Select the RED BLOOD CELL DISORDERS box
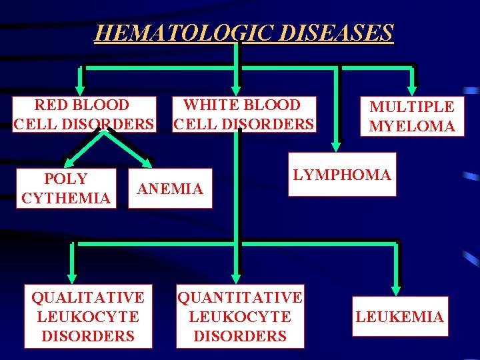(84, 114)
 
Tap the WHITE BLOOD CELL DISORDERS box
(243, 114)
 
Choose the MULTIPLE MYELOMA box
(412, 117)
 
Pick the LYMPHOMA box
(341, 175)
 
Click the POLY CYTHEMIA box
(65, 189)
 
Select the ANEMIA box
(170, 189)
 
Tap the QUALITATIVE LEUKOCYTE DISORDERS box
(87, 317)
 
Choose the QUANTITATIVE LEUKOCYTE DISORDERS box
(240, 317)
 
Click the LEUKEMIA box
(399, 317)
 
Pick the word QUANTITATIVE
(240, 297)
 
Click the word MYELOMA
(412, 127)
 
